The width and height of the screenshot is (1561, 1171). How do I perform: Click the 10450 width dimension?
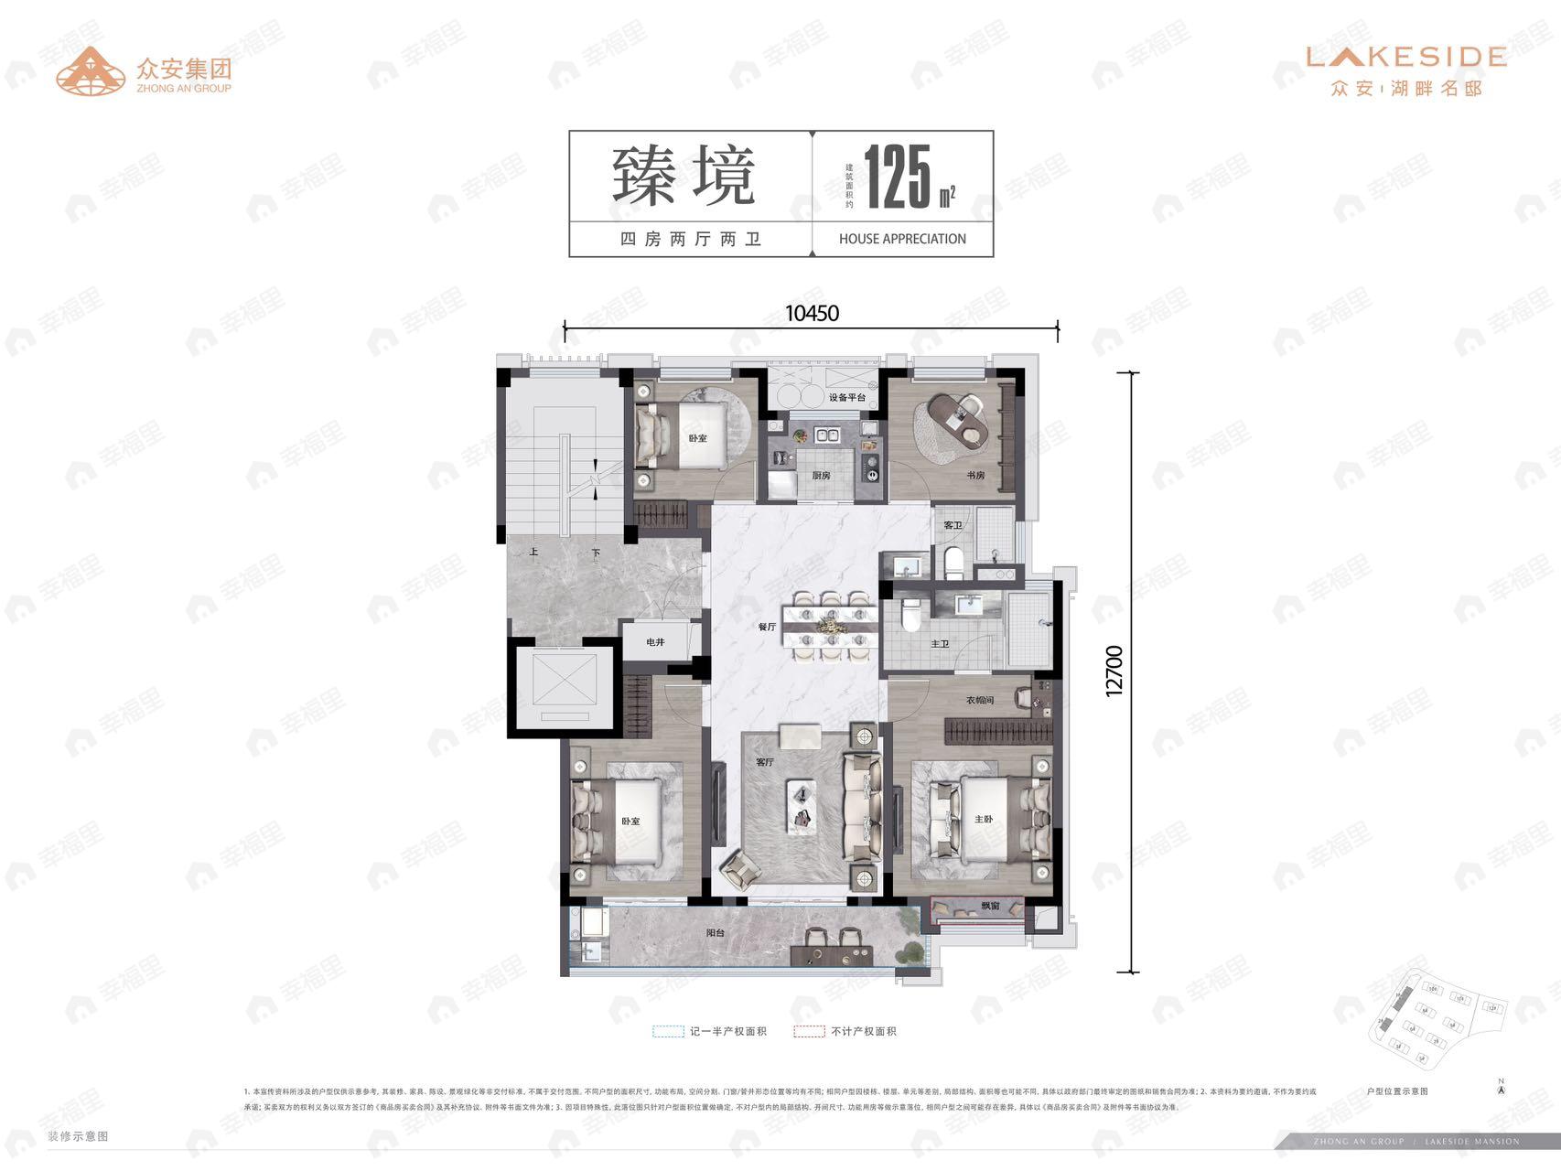[x=812, y=313]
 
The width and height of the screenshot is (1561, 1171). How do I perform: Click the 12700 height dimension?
[x=1114, y=671]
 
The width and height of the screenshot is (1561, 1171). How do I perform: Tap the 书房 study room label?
[x=975, y=476]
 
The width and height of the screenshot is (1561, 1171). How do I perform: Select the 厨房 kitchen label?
[x=821, y=476]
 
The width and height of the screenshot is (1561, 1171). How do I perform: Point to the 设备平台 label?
[x=847, y=398]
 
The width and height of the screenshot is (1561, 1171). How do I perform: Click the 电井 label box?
[x=655, y=642]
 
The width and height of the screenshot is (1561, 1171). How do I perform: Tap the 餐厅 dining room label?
[x=767, y=627]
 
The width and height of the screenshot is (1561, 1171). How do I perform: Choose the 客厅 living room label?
[x=765, y=762]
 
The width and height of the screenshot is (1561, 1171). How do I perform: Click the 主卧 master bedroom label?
[x=984, y=819]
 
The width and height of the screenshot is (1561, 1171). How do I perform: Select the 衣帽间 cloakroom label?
[x=980, y=701]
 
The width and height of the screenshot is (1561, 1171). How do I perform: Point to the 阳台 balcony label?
[x=716, y=933]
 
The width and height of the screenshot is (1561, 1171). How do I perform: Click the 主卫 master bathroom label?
[x=940, y=644]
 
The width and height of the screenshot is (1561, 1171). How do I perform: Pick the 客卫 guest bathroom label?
[x=953, y=525]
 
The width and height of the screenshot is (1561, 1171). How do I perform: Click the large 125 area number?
[x=898, y=177]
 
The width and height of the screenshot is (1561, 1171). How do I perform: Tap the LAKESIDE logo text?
[x=1406, y=57]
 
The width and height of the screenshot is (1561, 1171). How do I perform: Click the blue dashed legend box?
[x=668, y=1031]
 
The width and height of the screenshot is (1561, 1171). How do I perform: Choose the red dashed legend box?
[x=809, y=1031]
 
